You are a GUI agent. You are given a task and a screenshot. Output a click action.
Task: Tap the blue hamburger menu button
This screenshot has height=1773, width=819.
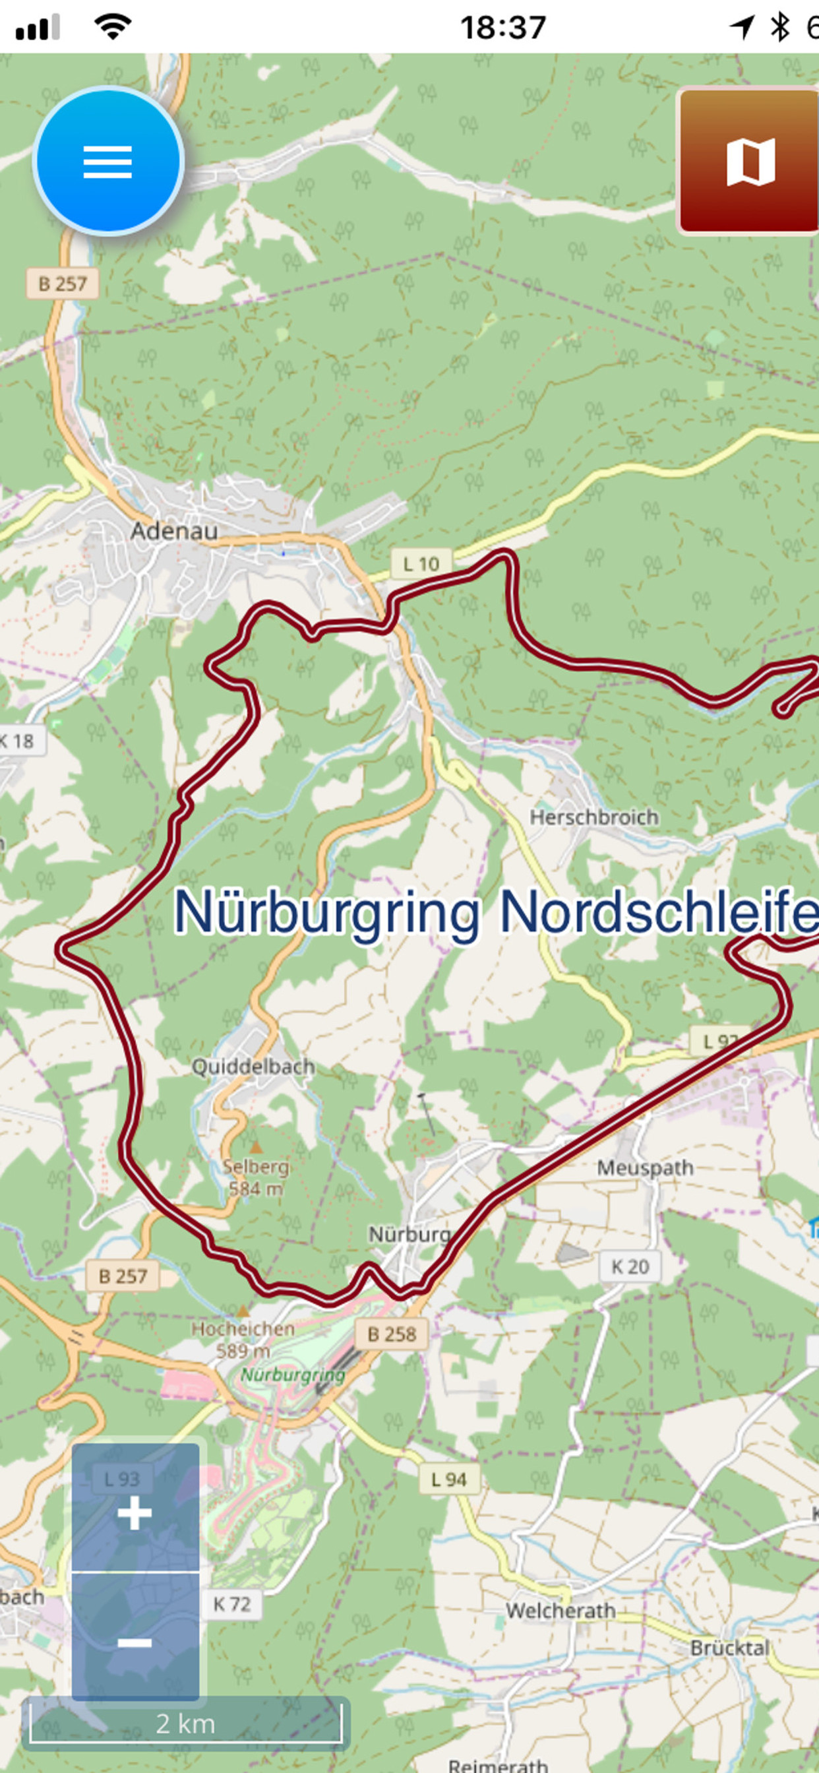[108, 161]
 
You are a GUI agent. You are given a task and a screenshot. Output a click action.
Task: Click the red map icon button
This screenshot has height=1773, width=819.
[749, 161]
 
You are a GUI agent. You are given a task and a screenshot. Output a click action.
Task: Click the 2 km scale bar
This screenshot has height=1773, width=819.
[186, 1724]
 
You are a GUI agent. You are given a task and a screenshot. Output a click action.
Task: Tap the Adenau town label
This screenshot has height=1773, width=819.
[174, 531]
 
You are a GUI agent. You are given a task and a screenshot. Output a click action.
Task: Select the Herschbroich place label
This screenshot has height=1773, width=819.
[593, 817]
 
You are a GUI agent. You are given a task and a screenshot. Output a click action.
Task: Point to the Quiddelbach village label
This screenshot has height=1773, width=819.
[253, 1066]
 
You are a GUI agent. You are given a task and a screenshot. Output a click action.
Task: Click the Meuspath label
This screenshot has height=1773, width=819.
[644, 1167]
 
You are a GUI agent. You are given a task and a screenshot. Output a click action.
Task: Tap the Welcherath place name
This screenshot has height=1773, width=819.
[561, 1611]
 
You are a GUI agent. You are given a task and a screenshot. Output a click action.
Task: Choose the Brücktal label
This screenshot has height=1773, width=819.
[729, 1648]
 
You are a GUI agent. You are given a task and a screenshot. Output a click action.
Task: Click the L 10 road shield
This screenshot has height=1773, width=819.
[421, 565]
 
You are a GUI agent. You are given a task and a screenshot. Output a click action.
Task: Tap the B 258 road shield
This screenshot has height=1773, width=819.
[392, 1334]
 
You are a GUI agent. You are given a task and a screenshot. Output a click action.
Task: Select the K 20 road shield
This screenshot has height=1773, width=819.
[630, 1266]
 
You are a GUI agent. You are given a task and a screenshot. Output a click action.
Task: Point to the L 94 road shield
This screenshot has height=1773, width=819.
[448, 1479]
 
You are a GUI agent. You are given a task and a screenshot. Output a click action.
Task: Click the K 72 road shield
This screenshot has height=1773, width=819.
[232, 1604]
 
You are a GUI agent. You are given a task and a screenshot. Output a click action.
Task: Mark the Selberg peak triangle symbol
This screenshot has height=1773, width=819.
[256, 1147]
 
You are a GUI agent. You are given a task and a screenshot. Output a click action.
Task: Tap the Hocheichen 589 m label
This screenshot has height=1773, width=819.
[242, 1339]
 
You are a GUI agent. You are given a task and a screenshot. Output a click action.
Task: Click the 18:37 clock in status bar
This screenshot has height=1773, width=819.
[502, 28]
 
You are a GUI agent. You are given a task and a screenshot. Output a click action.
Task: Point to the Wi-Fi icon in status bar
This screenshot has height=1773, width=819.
[113, 28]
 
